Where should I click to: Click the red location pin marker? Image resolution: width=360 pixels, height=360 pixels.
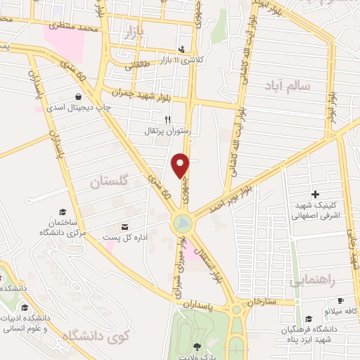(x=181, y=165)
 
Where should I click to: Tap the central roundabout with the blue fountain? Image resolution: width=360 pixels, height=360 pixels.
(x=182, y=224)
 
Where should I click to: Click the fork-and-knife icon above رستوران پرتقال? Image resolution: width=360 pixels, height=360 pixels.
(x=167, y=120)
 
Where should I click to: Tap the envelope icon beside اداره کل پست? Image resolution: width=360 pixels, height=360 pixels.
(x=125, y=227)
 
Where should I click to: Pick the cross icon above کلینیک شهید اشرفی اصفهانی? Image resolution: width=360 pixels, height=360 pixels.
(x=314, y=194)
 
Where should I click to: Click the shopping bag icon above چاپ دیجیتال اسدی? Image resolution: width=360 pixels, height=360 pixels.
(x=77, y=96)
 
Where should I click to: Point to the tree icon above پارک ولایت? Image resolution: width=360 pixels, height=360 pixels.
(x=197, y=346)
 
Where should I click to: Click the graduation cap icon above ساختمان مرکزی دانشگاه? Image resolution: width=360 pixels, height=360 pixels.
(x=62, y=212)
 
